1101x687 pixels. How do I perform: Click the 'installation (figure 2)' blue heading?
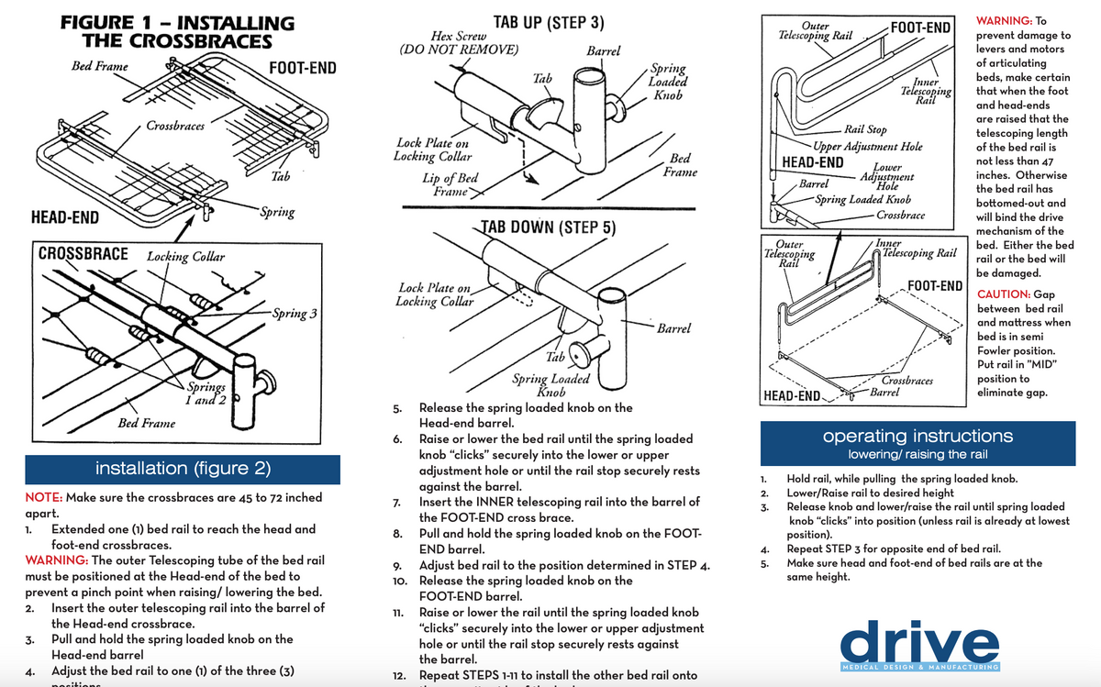(x=183, y=469)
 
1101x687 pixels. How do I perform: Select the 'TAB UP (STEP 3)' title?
(x=548, y=23)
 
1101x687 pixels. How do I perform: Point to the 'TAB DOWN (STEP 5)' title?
(x=547, y=227)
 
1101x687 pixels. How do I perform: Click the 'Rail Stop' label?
(x=865, y=130)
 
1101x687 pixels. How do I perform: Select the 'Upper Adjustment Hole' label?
(x=868, y=146)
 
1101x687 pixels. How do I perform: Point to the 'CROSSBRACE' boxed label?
(x=83, y=253)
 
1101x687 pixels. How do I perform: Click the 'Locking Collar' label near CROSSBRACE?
(x=185, y=257)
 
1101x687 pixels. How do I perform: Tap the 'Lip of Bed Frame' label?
(x=450, y=184)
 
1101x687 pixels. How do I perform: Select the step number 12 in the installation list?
(x=398, y=675)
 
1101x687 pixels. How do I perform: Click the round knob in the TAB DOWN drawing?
(x=580, y=353)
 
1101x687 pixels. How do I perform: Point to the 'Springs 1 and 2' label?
(x=206, y=393)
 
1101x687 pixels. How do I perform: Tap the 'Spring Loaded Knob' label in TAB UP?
(x=668, y=82)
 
